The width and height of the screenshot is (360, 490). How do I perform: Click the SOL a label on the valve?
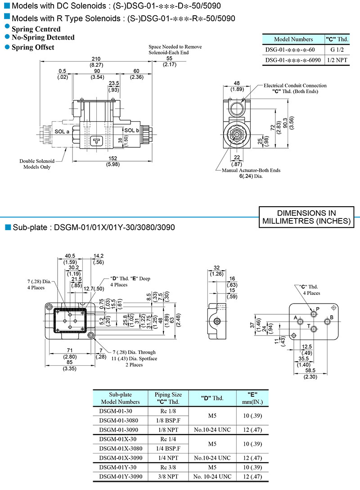(62, 131)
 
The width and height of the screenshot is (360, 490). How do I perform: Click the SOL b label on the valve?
(132, 131)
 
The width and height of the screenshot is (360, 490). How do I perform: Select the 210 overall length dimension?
(95, 59)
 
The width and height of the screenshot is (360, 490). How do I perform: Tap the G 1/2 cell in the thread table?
(336, 50)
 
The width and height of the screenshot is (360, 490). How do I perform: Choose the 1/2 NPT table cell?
(336, 60)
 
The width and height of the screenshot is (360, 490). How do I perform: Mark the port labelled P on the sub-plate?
(317, 309)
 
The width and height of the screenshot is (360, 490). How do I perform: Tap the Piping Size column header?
(168, 395)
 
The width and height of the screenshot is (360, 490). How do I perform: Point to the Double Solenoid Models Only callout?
(37, 164)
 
